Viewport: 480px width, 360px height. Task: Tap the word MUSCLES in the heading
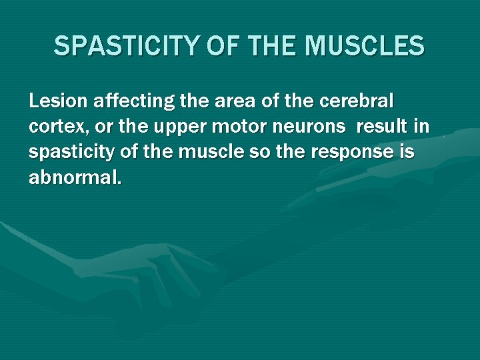point(365,47)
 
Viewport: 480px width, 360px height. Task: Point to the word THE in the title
point(271,47)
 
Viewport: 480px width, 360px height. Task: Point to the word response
point(344,153)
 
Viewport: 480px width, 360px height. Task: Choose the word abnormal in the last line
point(73,177)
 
